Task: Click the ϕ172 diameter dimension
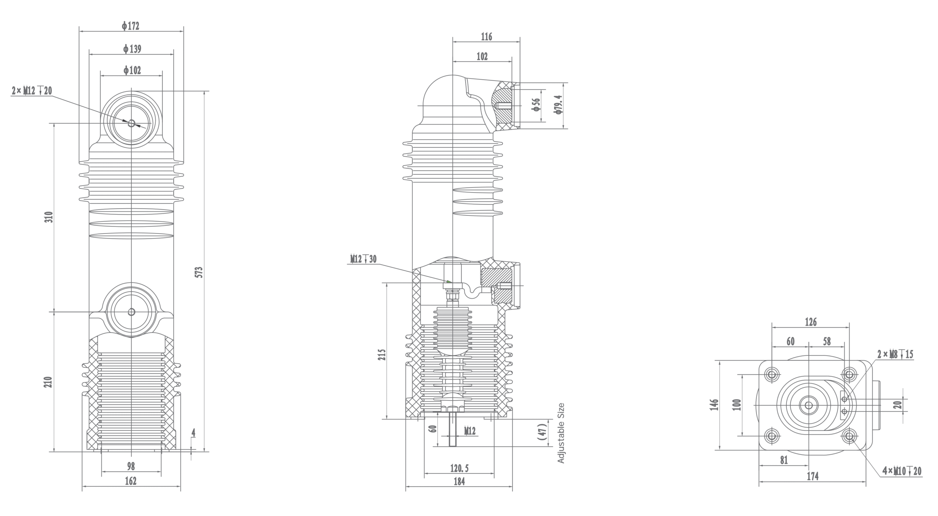(131, 26)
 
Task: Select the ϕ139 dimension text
(132, 49)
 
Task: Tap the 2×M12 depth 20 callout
(32, 91)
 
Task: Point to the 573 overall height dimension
(199, 272)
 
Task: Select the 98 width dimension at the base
(131, 466)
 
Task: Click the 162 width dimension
(130, 481)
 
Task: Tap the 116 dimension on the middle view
(486, 37)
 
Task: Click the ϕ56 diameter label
(536, 104)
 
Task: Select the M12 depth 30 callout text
(363, 259)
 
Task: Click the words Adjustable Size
(561, 433)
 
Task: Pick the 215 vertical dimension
(382, 355)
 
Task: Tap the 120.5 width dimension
(459, 468)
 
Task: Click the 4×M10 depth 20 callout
(901, 471)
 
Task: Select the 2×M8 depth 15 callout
(895, 354)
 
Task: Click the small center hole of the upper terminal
(131, 123)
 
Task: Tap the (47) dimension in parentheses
(543, 432)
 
